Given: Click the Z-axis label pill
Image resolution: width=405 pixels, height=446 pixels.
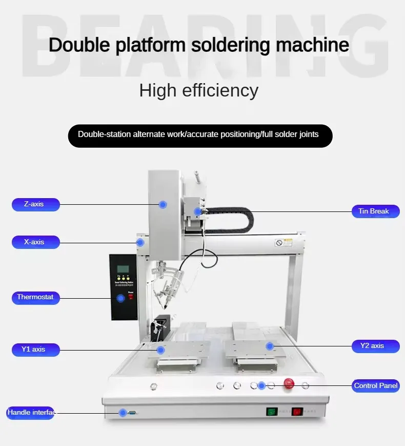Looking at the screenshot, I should pyautogui.click(x=35, y=204).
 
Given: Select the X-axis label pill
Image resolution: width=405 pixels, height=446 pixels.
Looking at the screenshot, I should pyautogui.click(x=35, y=242).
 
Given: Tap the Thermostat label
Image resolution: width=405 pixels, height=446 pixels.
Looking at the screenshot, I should pyautogui.click(x=35, y=297).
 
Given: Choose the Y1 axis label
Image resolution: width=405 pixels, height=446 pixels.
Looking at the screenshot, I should pyautogui.click(x=35, y=350).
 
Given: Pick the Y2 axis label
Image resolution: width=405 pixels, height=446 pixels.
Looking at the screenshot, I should pyautogui.click(x=376, y=346).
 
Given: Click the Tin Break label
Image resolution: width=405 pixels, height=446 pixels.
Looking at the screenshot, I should pyautogui.click(x=376, y=211).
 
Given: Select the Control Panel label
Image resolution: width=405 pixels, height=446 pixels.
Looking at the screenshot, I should pyautogui.click(x=376, y=385).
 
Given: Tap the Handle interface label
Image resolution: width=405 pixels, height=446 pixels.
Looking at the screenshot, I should pyautogui.click(x=30, y=413).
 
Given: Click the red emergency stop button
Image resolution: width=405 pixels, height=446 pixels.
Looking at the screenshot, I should pyautogui.click(x=289, y=384).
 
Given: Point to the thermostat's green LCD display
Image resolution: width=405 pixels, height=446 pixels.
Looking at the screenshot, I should pyautogui.click(x=123, y=269).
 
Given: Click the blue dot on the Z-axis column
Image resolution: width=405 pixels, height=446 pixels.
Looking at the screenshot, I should pyautogui.click(x=163, y=204).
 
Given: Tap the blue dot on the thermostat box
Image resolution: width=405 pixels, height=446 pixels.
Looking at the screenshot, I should pyautogui.click(x=121, y=298).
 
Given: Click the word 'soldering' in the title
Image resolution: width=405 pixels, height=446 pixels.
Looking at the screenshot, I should pyautogui.click(x=232, y=45).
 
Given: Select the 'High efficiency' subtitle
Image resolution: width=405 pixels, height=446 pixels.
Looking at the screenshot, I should pyautogui.click(x=199, y=90).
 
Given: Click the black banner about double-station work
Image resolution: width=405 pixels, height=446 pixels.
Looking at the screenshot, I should pyautogui.click(x=200, y=135).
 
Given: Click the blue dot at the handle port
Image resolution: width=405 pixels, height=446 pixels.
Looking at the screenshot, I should pyautogui.click(x=123, y=413).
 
